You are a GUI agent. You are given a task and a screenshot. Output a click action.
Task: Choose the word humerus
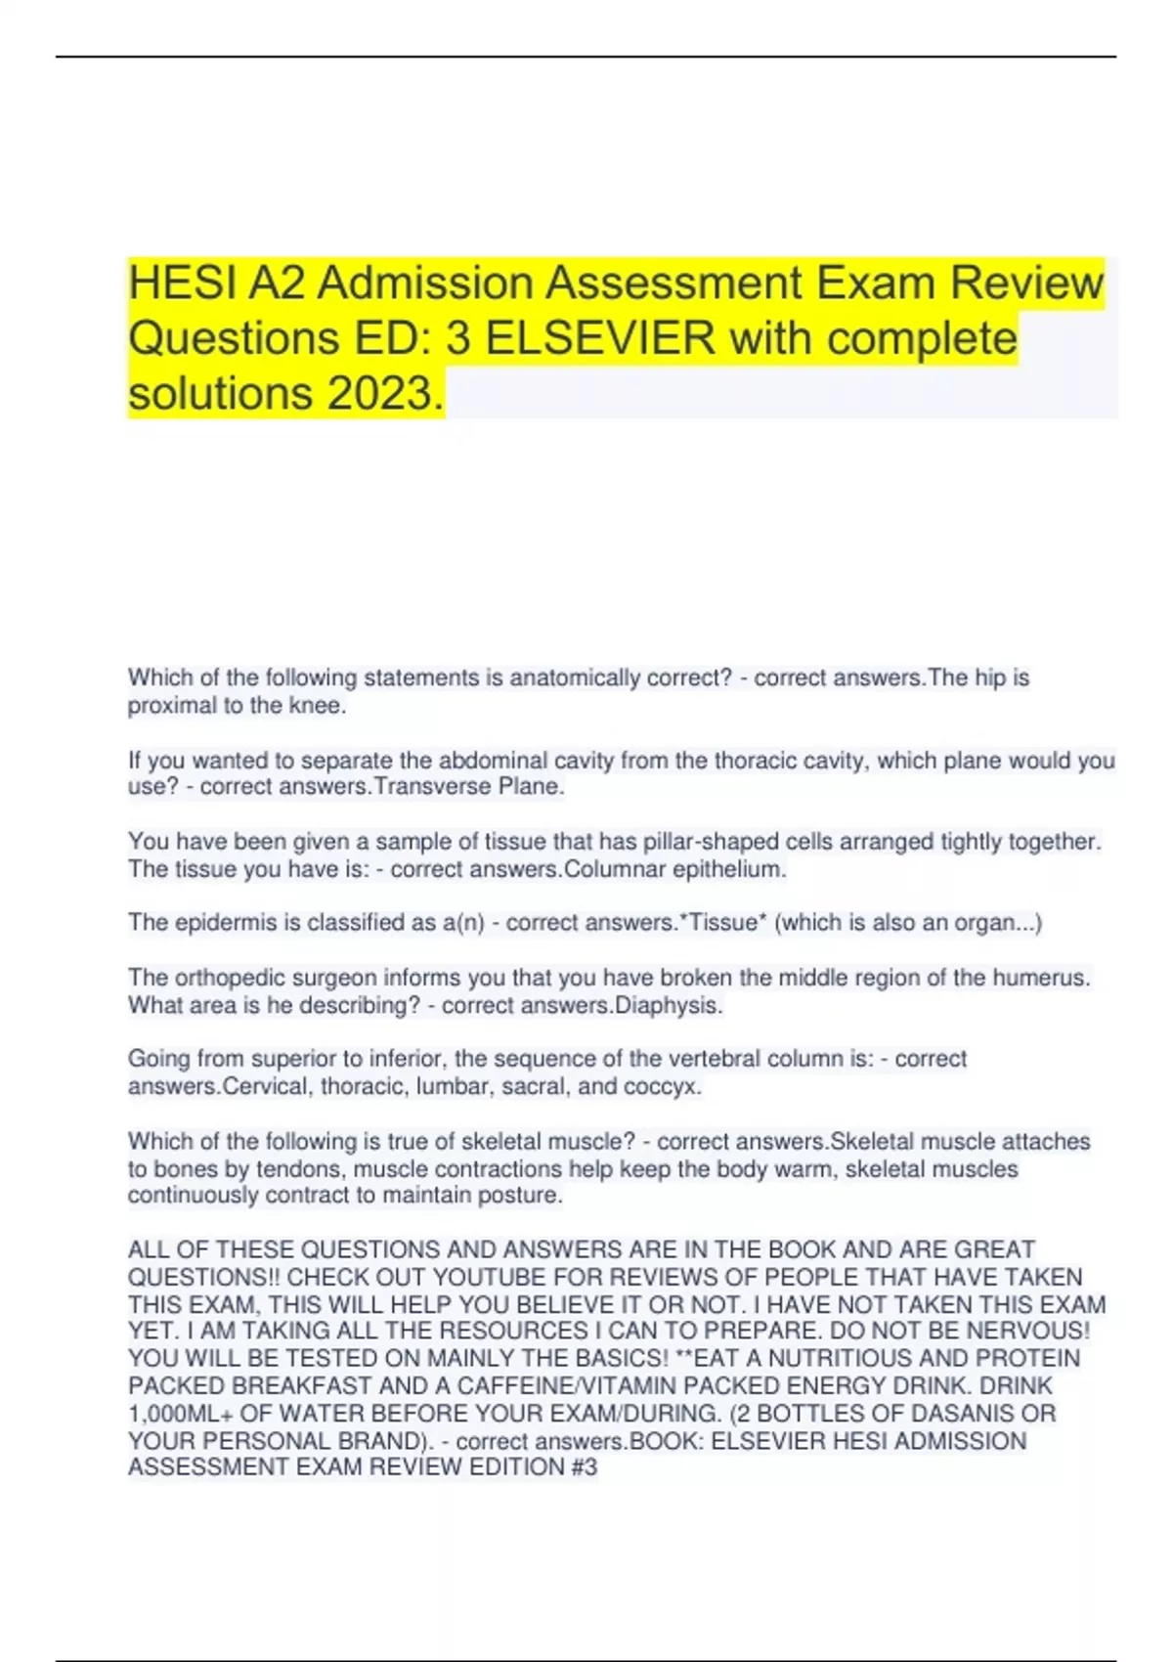(x=1040, y=978)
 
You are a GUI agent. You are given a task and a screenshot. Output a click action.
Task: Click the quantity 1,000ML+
(x=180, y=1414)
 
